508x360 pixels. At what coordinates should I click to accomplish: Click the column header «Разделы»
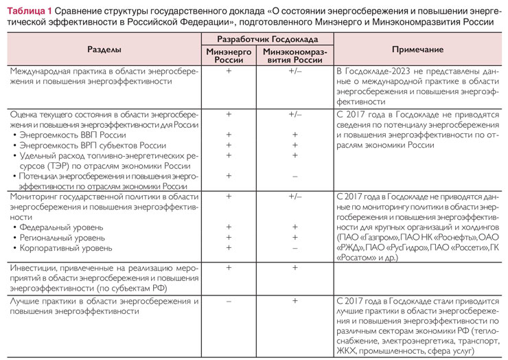pyautogui.click(x=104, y=50)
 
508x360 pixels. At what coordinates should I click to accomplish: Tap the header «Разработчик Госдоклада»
pyautogui.click(x=267, y=41)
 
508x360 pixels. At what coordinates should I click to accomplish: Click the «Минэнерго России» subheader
pyautogui.click(x=229, y=56)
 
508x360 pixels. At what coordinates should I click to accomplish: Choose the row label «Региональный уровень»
pyautogui.click(x=63, y=237)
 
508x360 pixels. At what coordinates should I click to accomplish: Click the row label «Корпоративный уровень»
pyautogui.click(x=64, y=247)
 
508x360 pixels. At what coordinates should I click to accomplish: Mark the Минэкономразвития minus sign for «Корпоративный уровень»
pyautogui.click(x=295, y=247)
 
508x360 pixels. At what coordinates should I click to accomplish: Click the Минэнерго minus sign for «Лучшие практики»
pyautogui.click(x=229, y=301)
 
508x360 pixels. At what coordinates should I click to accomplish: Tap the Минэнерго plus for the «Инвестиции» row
pyautogui.click(x=229, y=267)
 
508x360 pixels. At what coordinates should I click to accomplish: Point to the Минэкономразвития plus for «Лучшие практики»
pyautogui.click(x=295, y=301)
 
